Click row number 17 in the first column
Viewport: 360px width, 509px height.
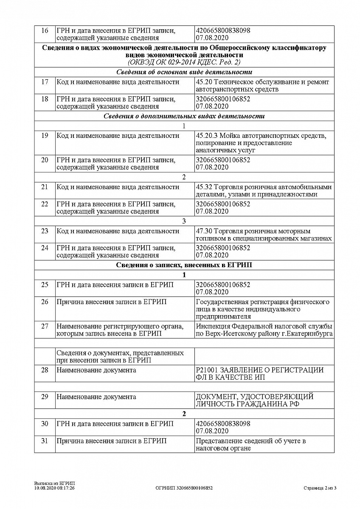point(45,82)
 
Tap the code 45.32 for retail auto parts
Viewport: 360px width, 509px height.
point(204,187)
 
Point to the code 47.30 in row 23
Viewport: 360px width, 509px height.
point(204,231)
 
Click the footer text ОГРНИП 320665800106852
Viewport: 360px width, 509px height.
point(184,488)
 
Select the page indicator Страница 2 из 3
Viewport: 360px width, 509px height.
point(320,488)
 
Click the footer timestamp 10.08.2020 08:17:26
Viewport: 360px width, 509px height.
point(54,488)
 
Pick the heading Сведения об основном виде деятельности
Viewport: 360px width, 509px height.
point(184,72)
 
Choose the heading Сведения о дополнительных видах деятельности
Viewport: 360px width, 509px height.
point(184,116)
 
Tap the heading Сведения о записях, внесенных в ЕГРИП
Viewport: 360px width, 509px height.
point(184,265)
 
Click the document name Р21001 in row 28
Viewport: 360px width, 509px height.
point(206,370)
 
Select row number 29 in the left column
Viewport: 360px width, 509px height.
point(45,397)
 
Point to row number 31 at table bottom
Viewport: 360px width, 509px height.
point(45,441)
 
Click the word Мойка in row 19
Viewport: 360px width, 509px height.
point(229,136)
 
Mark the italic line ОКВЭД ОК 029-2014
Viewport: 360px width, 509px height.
point(184,62)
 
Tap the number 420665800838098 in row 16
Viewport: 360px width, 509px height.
point(223,31)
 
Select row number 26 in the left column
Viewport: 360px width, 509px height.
point(45,302)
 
